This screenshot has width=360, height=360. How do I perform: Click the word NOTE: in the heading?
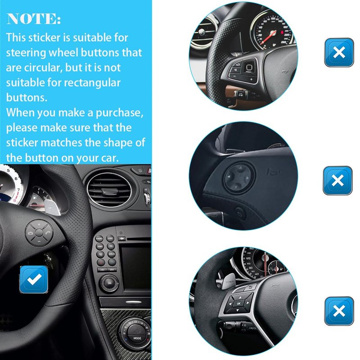pyautogui.click(x=34, y=18)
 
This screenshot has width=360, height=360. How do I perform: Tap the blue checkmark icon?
pyautogui.click(x=34, y=279)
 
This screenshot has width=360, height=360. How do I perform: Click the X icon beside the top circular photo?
pyautogui.click(x=339, y=52)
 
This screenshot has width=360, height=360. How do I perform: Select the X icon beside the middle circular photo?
pyautogui.click(x=337, y=180)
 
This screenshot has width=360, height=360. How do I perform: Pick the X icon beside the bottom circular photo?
pyautogui.click(x=339, y=311)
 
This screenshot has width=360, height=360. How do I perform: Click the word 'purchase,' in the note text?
pyautogui.click(x=119, y=113)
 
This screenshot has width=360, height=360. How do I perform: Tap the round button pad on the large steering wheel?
pyautogui.click(x=39, y=233)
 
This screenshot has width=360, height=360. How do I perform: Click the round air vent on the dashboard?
pyautogui.click(x=109, y=189)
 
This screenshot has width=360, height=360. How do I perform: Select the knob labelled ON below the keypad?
pyautogui.click(x=109, y=283)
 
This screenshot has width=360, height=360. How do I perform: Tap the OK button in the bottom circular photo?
pyautogui.click(x=239, y=303)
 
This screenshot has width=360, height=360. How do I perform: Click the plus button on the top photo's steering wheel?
pyautogui.click(x=252, y=79)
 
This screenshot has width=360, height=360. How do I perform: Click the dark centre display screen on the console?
pyautogui.click(x=136, y=269)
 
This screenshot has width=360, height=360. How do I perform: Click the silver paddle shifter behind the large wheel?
pyautogui.click(x=52, y=207)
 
